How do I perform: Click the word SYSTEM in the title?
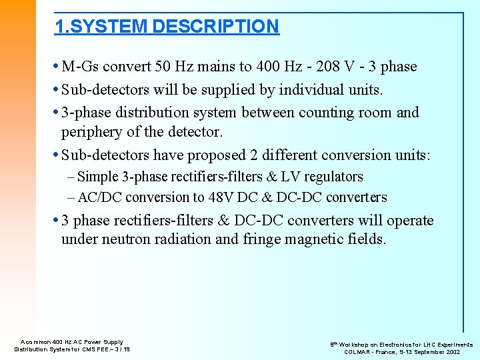coord(109,27)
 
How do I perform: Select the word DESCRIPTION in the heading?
coord(215,27)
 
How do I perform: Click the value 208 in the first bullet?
coord(323,67)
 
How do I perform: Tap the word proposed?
coord(216,155)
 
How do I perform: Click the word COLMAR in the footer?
coord(358,352)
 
